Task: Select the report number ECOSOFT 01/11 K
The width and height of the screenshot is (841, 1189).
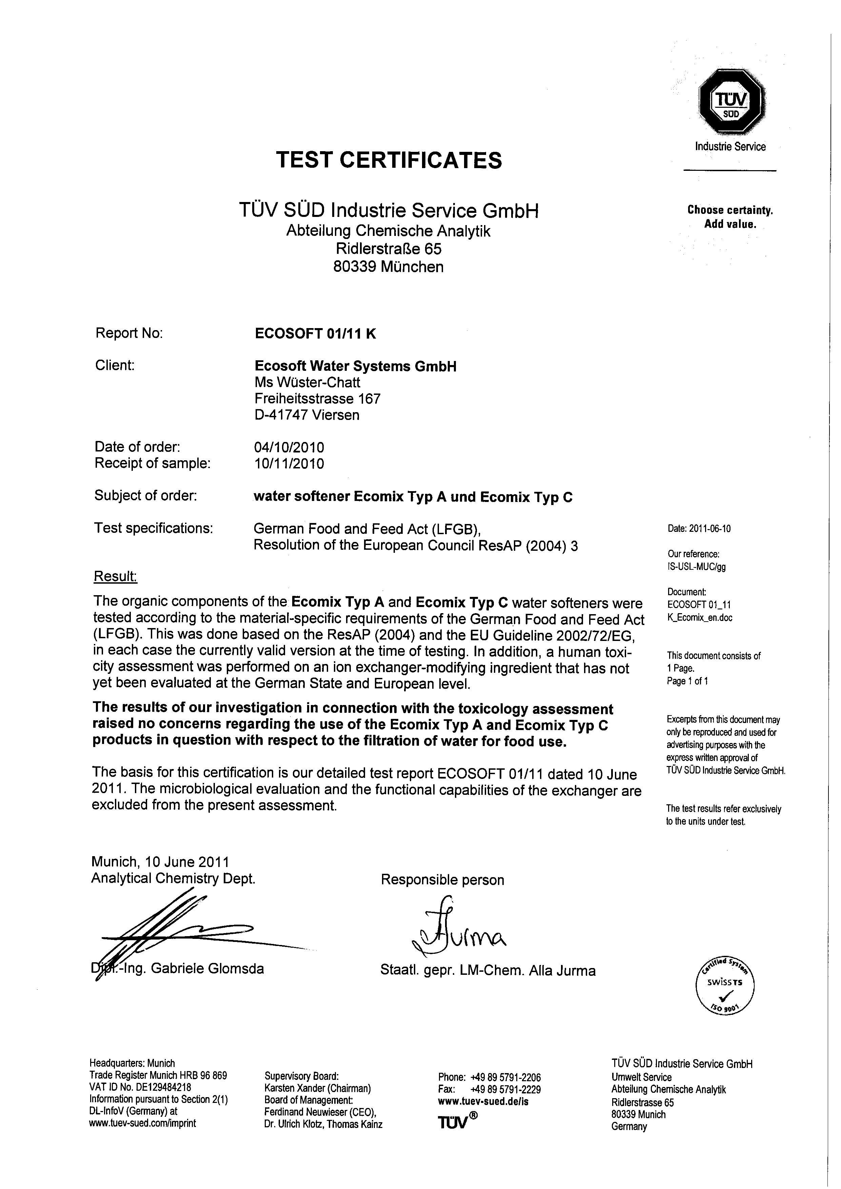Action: tap(315, 334)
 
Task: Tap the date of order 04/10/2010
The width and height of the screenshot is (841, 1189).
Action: tap(289, 447)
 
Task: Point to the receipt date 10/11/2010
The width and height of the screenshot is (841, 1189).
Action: tap(289, 463)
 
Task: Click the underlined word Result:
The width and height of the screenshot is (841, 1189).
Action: tap(115, 577)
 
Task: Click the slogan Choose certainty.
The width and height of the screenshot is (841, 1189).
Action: tap(730, 210)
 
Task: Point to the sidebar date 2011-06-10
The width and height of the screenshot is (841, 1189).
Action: tap(699, 529)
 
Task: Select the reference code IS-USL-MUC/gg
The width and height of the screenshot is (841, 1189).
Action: tap(697, 566)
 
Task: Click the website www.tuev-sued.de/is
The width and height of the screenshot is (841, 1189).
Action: tap(483, 1102)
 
